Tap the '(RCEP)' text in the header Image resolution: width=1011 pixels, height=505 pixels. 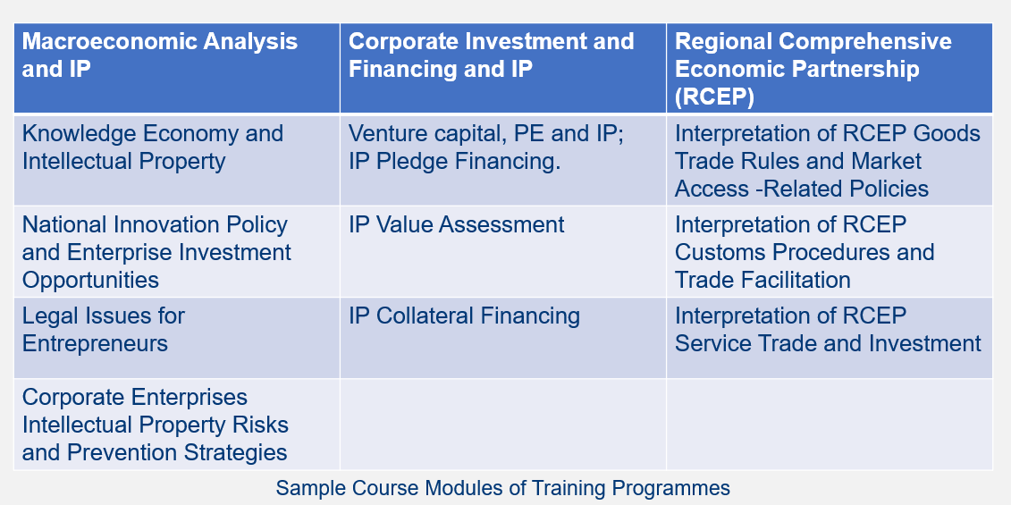pos(714,97)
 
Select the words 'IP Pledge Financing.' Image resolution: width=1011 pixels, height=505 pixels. pos(455,161)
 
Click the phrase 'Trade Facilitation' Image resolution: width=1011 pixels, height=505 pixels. pos(762,280)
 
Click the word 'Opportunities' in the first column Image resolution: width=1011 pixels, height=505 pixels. pos(90,280)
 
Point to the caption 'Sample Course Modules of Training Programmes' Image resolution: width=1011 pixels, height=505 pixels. pos(503,488)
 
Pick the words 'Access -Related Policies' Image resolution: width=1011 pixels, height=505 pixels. pos(802,189)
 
